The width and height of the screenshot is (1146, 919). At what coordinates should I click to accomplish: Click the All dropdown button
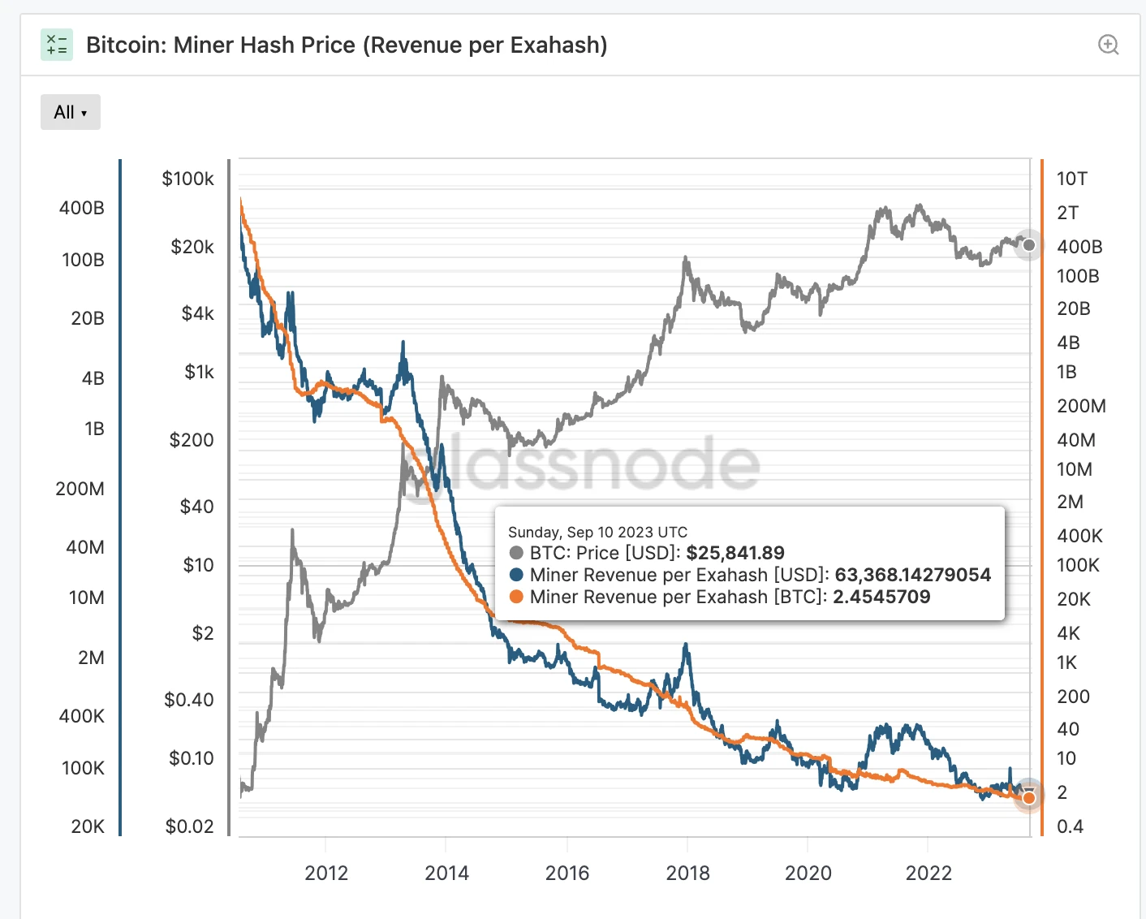(x=71, y=112)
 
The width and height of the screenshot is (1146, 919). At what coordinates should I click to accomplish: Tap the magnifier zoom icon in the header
(x=1108, y=45)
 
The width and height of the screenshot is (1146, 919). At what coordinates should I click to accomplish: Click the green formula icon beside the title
(x=57, y=45)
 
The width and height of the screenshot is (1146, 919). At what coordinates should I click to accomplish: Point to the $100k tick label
(x=187, y=179)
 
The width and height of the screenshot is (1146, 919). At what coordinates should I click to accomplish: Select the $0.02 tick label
(x=189, y=826)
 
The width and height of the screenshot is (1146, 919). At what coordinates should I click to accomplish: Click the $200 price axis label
(x=192, y=440)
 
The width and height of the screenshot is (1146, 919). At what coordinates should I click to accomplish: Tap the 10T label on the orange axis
(x=1071, y=179)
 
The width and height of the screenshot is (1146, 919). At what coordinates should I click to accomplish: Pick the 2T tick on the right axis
(x=1067, y=213)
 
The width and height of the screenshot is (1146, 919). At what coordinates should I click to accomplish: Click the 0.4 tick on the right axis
(x=1070, y=826)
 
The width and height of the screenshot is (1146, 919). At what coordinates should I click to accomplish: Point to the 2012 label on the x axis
(x=326, y=873)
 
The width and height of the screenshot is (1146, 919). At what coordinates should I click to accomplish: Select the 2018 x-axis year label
(x=687, y=873)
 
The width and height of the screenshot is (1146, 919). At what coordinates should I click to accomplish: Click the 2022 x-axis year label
(x=928, y=873)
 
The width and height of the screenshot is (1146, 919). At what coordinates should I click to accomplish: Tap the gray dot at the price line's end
(x=1029, y=245)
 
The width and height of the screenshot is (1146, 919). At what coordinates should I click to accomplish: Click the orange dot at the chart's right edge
(x=1029, y=798)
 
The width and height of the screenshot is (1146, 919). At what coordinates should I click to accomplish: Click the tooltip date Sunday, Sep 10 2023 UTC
(x=597, y=532)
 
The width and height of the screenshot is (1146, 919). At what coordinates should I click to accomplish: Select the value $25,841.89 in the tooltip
(x=735, y=553)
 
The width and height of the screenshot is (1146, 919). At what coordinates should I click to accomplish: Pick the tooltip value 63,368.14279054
(x=913, y=575)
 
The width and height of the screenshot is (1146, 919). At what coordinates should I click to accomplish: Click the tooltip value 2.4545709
(x=881, y=597)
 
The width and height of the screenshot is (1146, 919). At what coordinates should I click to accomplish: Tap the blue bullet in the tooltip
(x=516, y=575)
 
